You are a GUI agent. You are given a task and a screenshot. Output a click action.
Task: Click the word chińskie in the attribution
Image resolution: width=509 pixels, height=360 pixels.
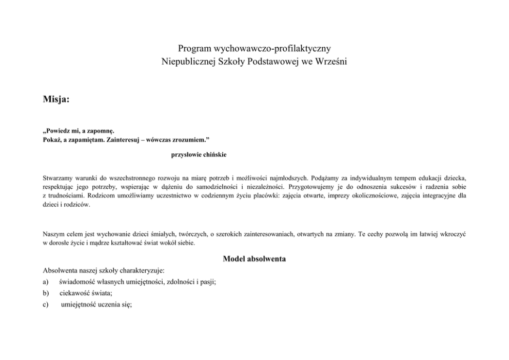point(213,155)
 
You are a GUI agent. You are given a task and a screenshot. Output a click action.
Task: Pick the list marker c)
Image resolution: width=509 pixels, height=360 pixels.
point(46,305)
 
